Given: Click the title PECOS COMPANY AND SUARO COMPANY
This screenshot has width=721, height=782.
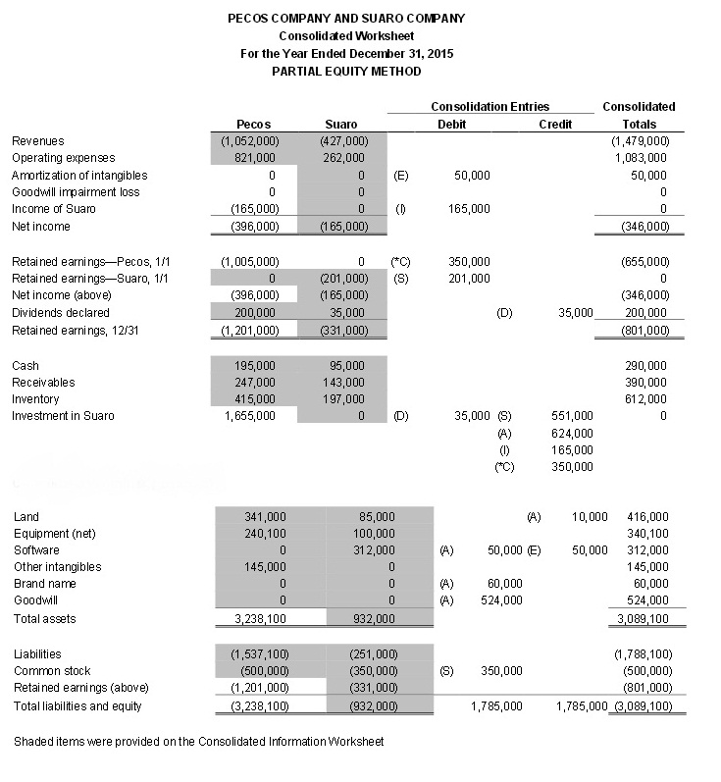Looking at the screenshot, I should point(346,18).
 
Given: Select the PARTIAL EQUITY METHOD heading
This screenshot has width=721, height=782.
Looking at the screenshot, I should point(346,71).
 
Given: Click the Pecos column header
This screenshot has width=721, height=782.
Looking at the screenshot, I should point(254,125).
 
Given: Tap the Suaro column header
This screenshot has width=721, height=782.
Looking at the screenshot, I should point(340,125).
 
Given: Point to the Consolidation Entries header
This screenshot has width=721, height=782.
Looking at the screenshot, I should point(489,106).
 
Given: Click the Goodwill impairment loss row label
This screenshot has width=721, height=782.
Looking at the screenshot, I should point(76,192).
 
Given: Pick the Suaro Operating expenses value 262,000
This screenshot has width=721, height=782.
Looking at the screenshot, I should point(343,158).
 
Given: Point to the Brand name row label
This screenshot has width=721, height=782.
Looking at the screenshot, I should point(45,584).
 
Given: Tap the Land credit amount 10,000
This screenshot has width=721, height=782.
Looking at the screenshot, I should point(589,517).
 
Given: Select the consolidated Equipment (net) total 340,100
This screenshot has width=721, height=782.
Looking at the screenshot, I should point(645,534).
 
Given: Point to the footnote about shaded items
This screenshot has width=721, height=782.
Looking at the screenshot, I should point(199,741).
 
